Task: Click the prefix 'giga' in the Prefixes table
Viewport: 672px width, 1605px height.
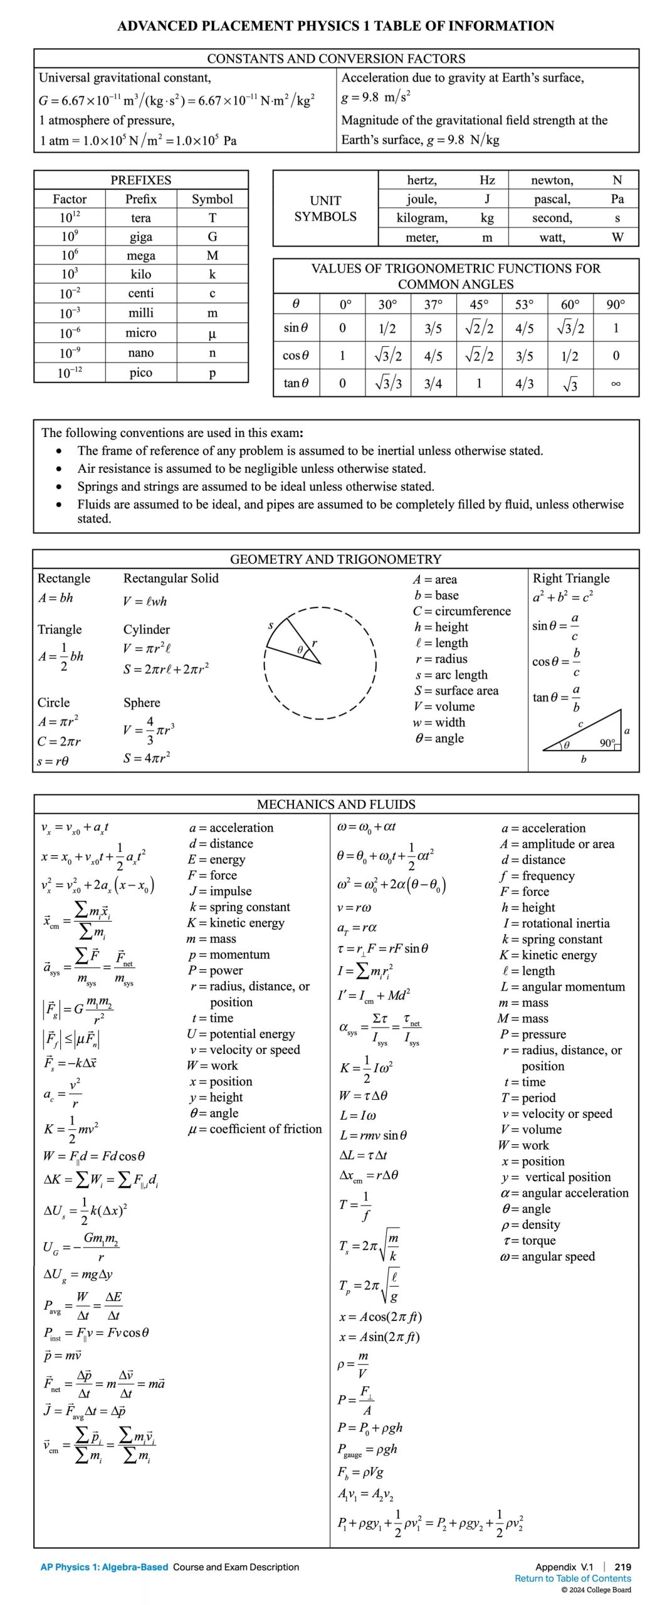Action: click(x=140, y=237)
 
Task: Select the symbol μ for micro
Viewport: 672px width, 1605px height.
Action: click(x=213, y=334)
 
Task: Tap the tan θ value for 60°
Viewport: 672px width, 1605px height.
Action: click(x=570, y=384)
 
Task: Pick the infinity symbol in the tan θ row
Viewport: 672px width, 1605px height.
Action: click(x=616, y=384)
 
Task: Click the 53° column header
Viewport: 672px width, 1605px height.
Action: click(x=524, y=305)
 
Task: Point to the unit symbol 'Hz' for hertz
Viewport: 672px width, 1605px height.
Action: click(x=487, y=181)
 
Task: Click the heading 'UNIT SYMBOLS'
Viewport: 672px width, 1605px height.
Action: click(x=325, y=209)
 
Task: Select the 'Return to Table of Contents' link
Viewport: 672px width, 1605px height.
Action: click(x=572, y=1579)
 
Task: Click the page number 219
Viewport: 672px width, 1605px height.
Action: click(x=622, y=1567)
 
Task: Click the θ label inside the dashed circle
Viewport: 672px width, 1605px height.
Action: click(x=300, y=650)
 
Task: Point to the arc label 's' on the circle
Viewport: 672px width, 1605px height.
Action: click(x=271, y=625)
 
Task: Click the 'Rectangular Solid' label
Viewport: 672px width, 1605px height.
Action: click(x=171, y=578)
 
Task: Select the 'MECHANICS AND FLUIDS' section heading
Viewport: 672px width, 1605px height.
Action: click(x=336, y=804)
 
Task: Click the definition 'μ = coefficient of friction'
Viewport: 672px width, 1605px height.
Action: click(x=255, y=1129)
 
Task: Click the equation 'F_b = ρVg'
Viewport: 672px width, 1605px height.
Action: click(x=360, y=1472)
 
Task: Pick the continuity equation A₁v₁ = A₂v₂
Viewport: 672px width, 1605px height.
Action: click(x=365, y=1495)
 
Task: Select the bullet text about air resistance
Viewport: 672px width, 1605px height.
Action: click(x=251, y=468)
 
